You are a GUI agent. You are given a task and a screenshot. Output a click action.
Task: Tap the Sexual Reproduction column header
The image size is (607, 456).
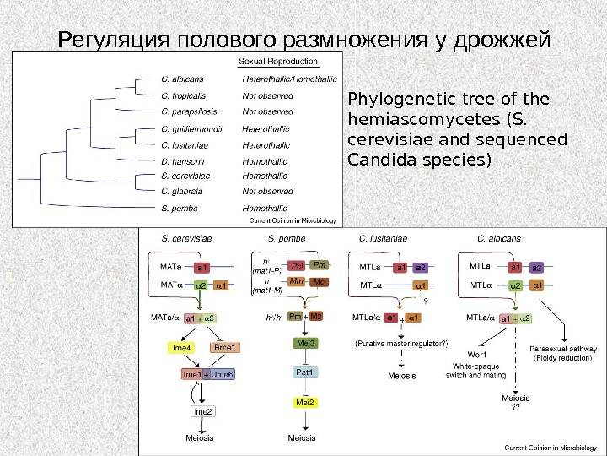279,62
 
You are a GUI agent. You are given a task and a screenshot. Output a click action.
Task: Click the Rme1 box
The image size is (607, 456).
226,346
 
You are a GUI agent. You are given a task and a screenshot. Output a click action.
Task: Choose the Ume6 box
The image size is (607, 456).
223,373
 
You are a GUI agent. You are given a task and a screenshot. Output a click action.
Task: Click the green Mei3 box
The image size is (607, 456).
305,343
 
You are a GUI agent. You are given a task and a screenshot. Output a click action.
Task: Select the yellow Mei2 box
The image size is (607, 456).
304,402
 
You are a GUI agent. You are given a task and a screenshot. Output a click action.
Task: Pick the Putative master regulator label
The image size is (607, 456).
401,344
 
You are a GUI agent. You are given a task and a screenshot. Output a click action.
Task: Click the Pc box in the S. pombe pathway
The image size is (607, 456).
295,265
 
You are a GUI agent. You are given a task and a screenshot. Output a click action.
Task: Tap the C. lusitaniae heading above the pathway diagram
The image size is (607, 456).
383,238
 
